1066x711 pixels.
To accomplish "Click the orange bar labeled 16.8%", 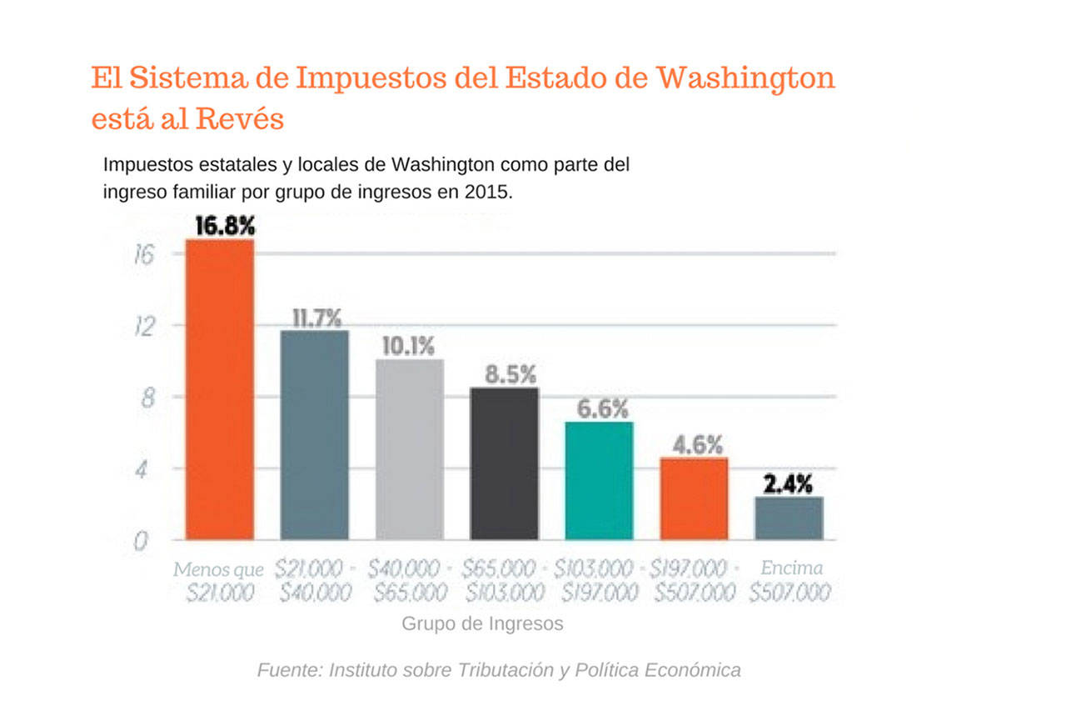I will tap(220, 389).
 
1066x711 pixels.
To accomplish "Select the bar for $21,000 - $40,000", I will tap(315, 435).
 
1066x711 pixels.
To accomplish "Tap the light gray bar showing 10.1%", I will tap(410, 449).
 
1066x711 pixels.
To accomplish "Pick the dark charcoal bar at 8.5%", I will tap(505, 463).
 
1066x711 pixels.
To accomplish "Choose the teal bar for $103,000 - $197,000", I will tap(599, 481).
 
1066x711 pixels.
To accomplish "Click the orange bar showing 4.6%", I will tap(694, 498).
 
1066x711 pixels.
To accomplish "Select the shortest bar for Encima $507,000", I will tap(789, 518).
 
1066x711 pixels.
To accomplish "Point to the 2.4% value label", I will tap(788, 484).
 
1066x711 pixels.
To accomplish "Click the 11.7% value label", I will tap(316, 318).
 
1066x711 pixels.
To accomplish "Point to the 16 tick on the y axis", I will tap(145, 254).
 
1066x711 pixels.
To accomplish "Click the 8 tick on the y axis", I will tap(147, 398).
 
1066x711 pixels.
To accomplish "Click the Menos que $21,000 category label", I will tap(219, 581).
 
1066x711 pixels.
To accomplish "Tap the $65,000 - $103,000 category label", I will tap(505, 581).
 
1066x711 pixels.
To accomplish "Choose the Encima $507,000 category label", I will tap(790, 581).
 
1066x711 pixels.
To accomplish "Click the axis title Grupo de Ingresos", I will tap(482, 623).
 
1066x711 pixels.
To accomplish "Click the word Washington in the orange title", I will tap(745, 78).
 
